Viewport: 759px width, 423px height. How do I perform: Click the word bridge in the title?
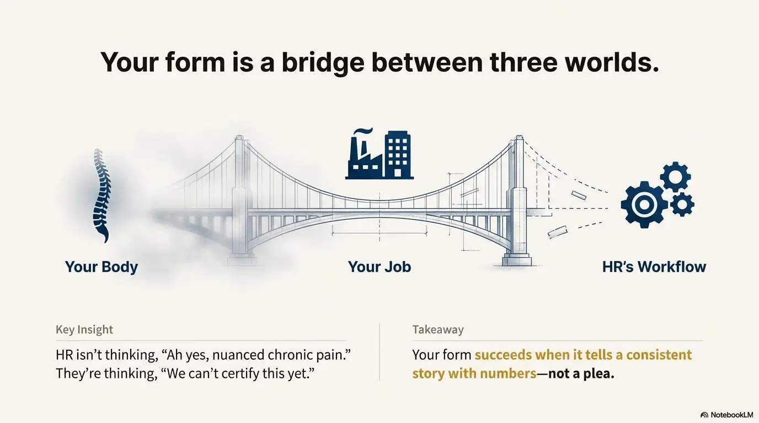point(323,63)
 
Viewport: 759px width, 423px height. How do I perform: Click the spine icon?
point(102,196)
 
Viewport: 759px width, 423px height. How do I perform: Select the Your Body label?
point(101,267)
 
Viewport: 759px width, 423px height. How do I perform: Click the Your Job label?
point(379,267)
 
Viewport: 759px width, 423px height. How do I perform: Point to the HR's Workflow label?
point(654,267)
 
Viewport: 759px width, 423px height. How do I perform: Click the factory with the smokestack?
point(364,154)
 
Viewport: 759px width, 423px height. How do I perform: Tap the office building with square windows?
point(398,155)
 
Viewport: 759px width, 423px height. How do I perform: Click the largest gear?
point(644,204)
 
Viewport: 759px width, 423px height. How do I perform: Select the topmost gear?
point(675,177)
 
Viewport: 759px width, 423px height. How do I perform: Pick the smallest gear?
point(682,204)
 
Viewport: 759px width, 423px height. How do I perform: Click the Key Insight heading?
point(84,329)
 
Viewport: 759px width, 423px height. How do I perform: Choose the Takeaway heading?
point(438,329)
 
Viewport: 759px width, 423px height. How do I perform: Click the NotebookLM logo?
point(727,415)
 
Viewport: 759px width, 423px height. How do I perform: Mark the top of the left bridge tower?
point(239,137)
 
